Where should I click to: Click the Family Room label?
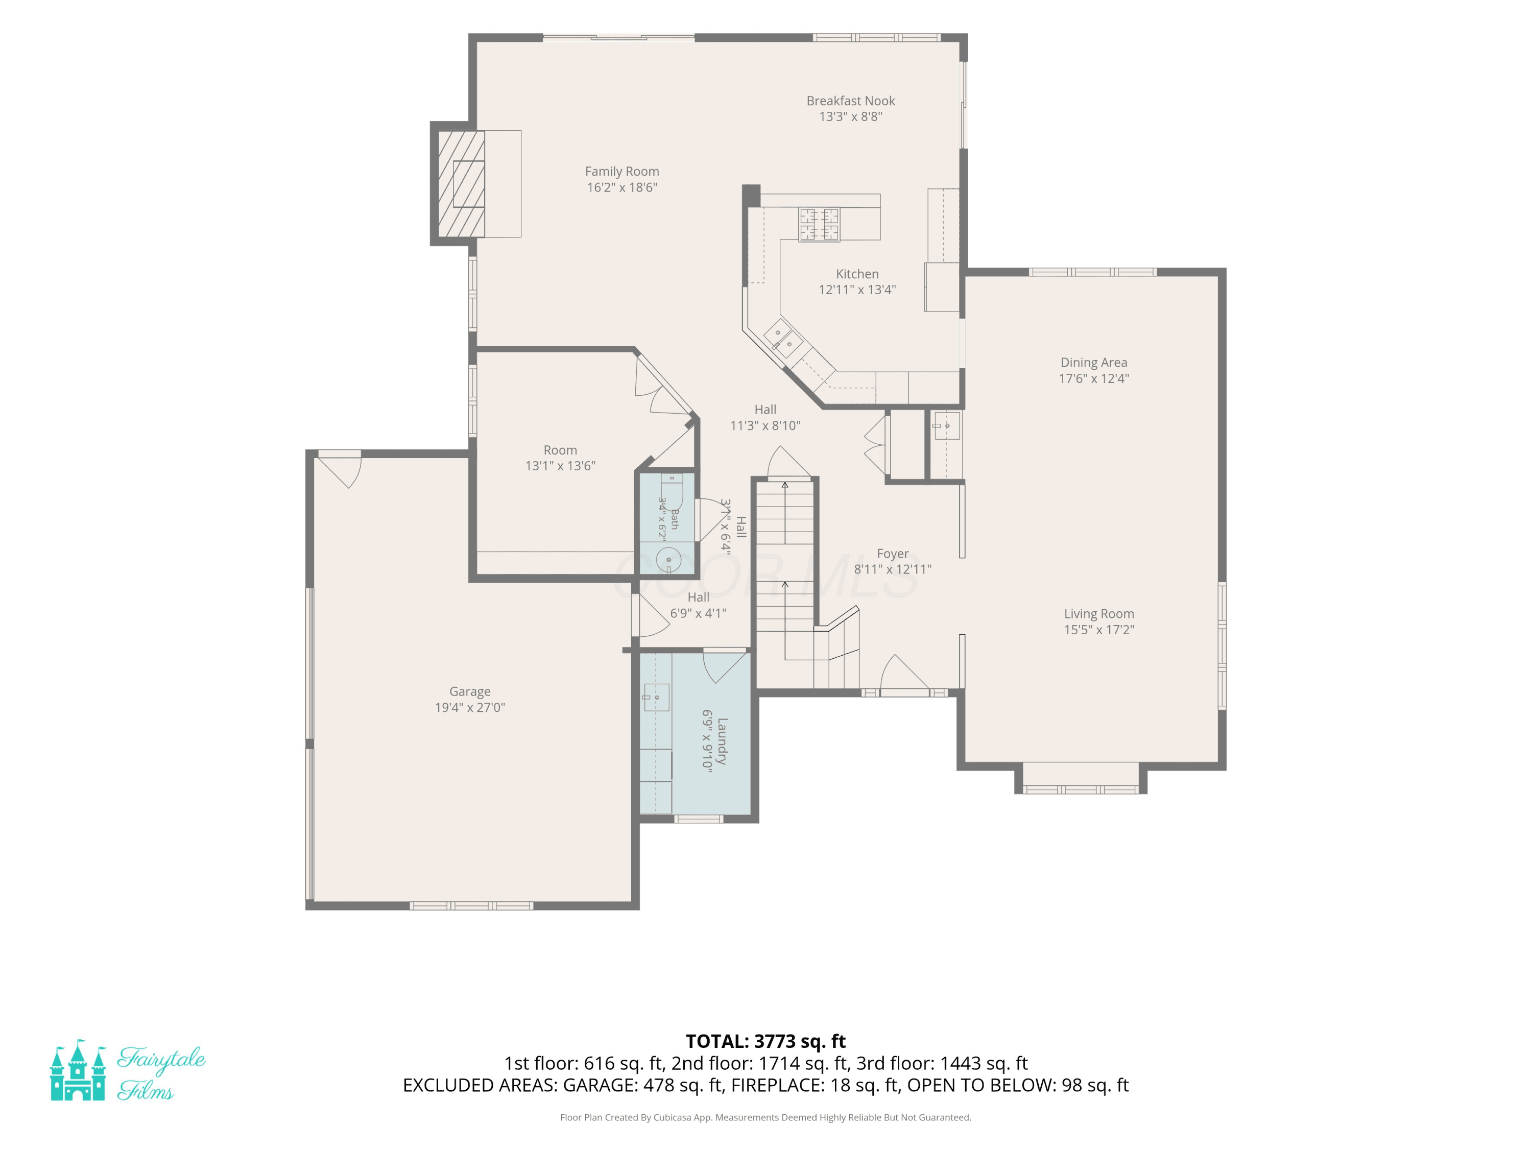tap(622, 171)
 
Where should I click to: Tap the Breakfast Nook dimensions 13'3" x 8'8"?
tap(850, 116)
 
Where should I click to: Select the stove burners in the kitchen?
tap(819, 224)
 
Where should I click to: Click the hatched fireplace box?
tap(461, 183)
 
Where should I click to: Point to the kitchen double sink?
tap(783, 339)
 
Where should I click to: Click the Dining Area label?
tap(1094, 362)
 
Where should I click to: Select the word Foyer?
tap(892, 554)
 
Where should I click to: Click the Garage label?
tap(470, 691)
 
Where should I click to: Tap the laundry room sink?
tap(655, 697)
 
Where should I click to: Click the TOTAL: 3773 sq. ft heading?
tap(765, 1041)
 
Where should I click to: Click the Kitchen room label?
tap(857, 274)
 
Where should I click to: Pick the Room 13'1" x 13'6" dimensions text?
tap(560, 465)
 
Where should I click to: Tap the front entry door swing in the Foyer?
tap(904, 672)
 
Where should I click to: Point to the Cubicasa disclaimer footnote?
tap(765, 1117)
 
